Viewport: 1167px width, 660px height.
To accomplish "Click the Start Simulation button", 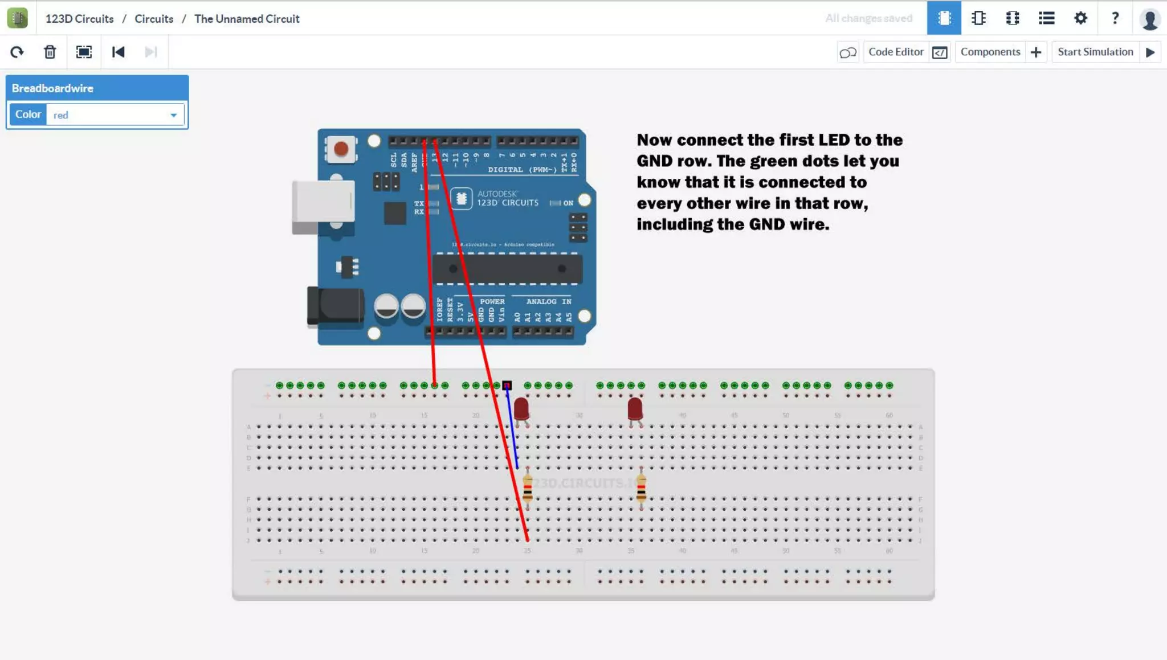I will tap(1095, 52).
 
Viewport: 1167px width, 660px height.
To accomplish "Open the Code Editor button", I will tap(896, 52).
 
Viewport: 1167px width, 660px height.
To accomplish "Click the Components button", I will tap(990, 52).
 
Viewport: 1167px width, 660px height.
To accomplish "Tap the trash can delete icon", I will tap(50, 52).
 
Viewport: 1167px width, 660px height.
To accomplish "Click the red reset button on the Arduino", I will tap(341, 149).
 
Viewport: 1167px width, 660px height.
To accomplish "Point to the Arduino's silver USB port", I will tap(323, 202).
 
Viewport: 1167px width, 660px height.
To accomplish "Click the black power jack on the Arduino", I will tap(335, 306).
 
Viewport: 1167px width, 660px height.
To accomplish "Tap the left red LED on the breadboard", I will tap(521, 408).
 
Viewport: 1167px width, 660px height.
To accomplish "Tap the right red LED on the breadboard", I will tap(635, 408).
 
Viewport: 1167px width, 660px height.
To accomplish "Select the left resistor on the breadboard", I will tap(528, 488).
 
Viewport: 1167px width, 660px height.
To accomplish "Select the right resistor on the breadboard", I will tap(641, 488).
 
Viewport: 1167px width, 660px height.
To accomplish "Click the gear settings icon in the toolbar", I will tap(1080, 18).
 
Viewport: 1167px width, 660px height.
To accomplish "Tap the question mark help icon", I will tap(1115, 18).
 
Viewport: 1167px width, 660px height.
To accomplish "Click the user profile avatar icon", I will tap(1149, 19).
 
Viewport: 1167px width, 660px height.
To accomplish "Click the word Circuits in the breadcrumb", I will tap(154, 19).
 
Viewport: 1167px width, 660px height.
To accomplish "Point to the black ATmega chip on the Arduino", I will tap(507, 269).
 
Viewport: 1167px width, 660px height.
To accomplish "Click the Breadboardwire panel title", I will tap(52, 88).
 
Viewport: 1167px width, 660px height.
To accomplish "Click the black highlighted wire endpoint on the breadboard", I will tap(507, 386).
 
